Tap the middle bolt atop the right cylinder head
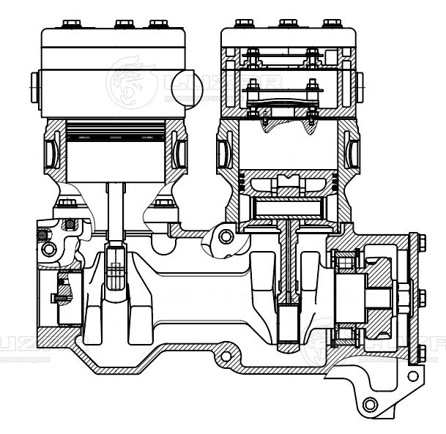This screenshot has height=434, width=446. (x=289, y=23)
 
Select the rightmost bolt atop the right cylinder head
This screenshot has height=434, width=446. (x=332, y=23)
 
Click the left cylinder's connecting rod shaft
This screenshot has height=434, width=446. (x=116, y=212)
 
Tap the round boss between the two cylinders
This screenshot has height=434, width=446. (x=226, y=236)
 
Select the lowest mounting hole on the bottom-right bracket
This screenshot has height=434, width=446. (x=370, y=403)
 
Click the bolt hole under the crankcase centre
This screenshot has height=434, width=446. (x=226, y=356)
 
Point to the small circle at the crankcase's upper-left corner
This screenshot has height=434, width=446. (x=48, y=250)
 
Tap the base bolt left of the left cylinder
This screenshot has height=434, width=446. (x=67, y=203)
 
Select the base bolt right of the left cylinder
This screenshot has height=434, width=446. (x=164, y=203)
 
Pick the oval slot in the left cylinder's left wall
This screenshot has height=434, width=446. (x=51, y=151)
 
